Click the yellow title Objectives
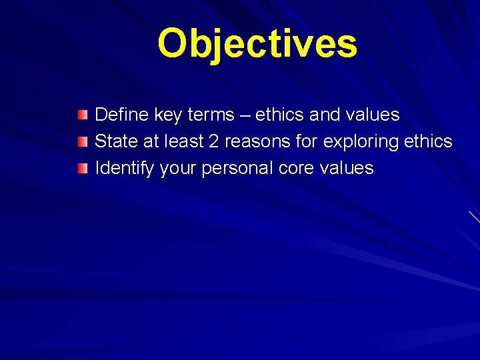tap(257, 44)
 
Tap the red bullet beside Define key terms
tap(81, 115)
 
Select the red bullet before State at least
tap(81, 142)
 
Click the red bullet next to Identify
tap(81, 169)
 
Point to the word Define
tap(122, 115)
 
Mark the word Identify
tap(125, 168)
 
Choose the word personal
tap(237, 168)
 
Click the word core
tap(297, 168)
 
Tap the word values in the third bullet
tap(347, 168)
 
